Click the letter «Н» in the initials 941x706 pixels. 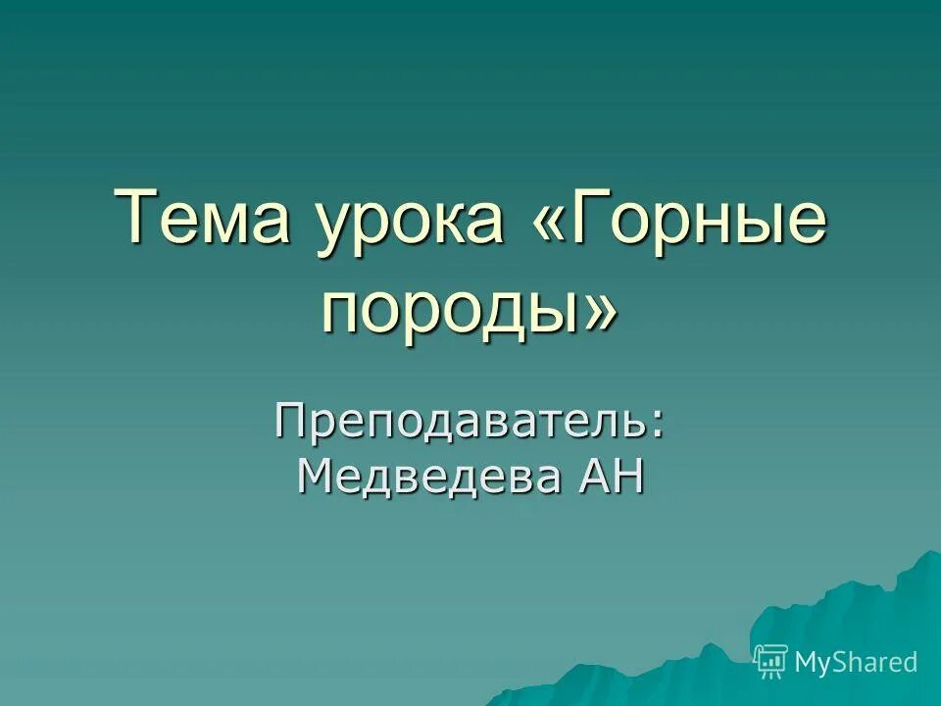pyautogui.click(x=628, y=478)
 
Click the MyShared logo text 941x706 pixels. pyautogui.click(x=856, y=662)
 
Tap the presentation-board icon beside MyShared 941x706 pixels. pyautogui.click(x=771, y=662)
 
